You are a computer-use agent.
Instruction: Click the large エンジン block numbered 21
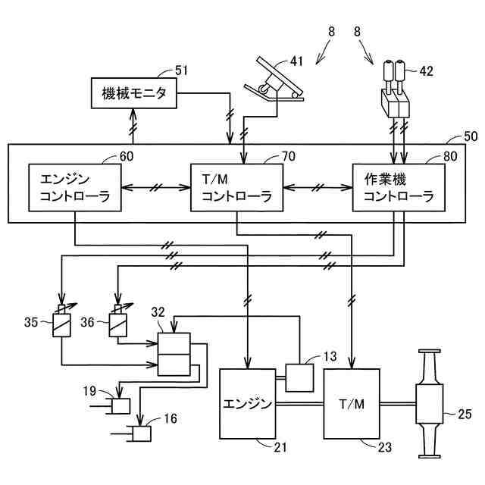(247, 402)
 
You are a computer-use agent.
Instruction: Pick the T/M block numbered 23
(351, 402)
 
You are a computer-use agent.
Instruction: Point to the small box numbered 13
(299, 377)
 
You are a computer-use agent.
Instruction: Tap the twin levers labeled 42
(396, 90)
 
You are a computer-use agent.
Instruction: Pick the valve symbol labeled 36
(119, 324)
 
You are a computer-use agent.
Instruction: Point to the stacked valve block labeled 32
(174, 353)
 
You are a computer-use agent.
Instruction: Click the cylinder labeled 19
(120, 406)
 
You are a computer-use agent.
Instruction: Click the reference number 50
(471, 139)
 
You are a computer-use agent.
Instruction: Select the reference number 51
(180, 70)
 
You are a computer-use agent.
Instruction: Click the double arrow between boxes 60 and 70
(158, 187)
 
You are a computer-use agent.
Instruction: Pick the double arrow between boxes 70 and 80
(318, 187)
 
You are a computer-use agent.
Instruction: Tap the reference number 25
(465, 413)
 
